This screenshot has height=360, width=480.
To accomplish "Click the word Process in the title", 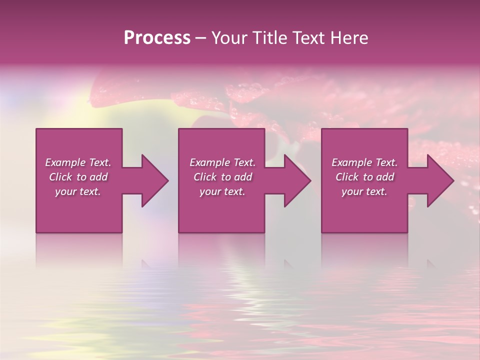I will tap(157, 38).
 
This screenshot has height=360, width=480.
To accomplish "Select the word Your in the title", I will tap(230, 38).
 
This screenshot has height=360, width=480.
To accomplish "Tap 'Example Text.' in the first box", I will tap(78, 162).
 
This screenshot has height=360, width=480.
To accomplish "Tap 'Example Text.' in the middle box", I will tap(222, 162).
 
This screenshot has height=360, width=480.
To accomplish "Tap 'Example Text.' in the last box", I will tap(364, 162).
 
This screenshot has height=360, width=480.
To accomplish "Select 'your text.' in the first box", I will tap(78, 191).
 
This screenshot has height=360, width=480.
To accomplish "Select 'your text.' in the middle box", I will tap(222, 191).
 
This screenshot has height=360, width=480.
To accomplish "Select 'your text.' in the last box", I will tap(364, 191).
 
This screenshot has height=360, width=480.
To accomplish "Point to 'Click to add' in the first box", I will tap(78, 177).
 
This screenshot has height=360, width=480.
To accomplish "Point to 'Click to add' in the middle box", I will tap(222, 177).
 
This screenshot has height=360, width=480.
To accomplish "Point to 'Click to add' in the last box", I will tap(364, 177).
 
